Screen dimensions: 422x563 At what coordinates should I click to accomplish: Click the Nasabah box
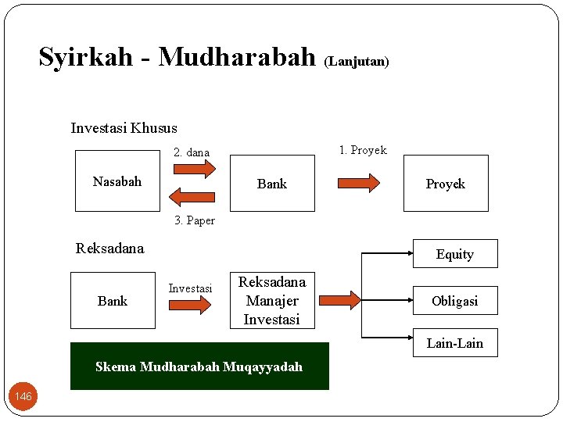[x=117, y=183]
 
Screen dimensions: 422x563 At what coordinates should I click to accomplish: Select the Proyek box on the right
[x=445, y=184]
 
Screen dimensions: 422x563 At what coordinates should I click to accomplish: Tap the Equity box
[x=454, y=254]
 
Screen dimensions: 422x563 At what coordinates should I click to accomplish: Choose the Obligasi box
[x=454, y=301]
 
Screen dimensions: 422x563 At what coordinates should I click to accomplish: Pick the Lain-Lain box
[x=454, y=343]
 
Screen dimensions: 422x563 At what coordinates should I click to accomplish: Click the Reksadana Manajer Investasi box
[x=271, y=300]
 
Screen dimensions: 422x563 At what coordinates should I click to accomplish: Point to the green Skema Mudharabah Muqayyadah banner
[x=199, y=366]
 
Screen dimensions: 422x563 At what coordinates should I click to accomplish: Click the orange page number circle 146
[x=23, y=396]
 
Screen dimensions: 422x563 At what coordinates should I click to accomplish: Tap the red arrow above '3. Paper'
[x=192, y=196]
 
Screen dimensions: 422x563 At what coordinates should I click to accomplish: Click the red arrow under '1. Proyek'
[x=359, y=183]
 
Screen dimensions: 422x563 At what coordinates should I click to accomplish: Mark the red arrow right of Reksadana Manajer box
[x=339, y=300]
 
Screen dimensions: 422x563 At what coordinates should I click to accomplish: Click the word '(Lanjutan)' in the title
[x=356, y=61]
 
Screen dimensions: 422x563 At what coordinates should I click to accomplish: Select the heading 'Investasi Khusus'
[x=124, y=128]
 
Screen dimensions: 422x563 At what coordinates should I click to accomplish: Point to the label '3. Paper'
[x=195, y=220]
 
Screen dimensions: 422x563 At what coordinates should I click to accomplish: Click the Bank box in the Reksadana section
[x=113, y=300]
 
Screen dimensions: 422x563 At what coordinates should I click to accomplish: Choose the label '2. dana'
[x=191, y=152]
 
